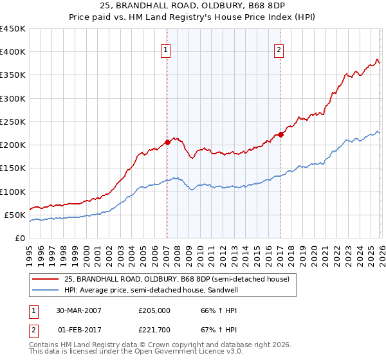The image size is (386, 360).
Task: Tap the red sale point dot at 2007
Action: pyautogui.click(x=167, y=142)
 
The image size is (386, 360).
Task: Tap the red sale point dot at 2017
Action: pyautogui.click(x=280, y=134)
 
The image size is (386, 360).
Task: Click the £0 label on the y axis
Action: pyautogui.click(x=20, y=238)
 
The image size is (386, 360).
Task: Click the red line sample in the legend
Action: pyautogui.click(x=46, y=279)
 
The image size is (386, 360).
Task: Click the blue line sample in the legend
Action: pyautogui.click(x=46, y=291)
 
